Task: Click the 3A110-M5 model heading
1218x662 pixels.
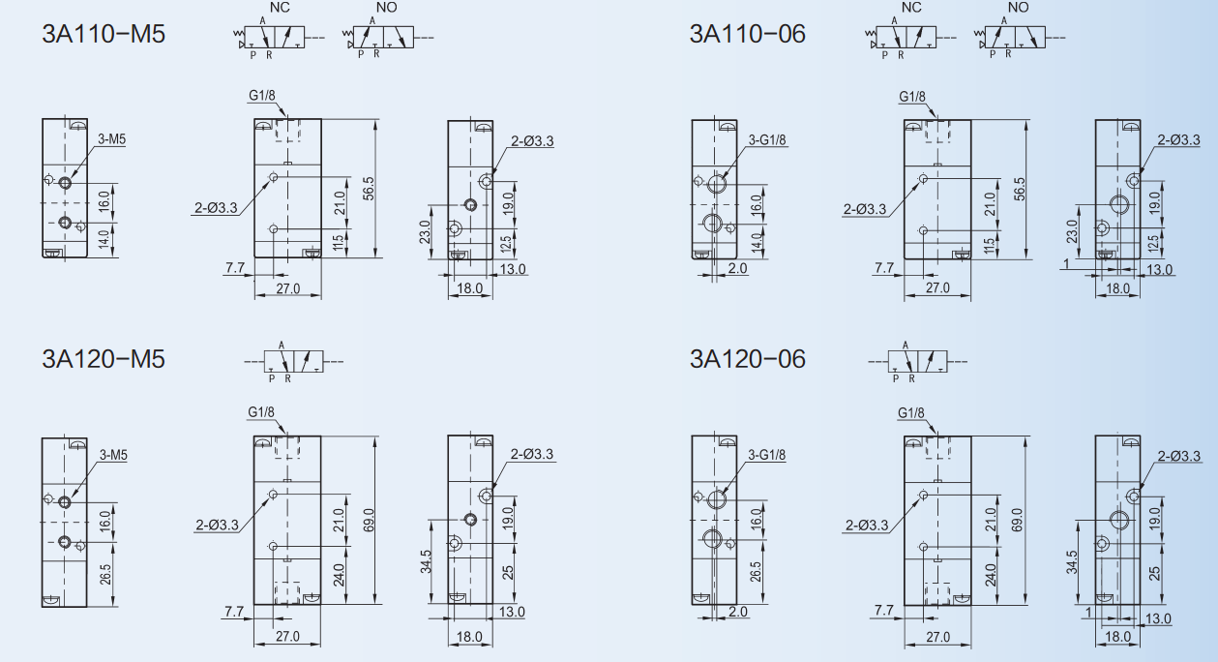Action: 104,34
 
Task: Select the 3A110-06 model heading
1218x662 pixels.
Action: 747,34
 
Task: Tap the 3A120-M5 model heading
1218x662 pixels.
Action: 104,359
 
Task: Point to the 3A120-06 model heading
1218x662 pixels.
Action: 747,359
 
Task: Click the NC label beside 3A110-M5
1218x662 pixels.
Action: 280,8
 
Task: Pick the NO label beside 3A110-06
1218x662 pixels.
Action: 1019,8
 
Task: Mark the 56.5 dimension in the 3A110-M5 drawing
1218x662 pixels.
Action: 369,188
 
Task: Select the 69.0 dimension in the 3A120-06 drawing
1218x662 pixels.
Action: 1018,520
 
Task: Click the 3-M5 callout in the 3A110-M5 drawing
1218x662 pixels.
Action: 111,139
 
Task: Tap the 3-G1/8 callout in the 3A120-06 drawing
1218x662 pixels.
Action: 766,455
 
